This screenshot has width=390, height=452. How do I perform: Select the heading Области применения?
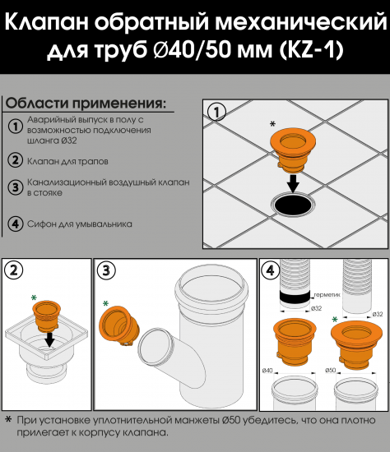pyautogui.click(x=86, y=104)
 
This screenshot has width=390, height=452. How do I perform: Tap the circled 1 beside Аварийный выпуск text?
pyautogui.click(x=15, y=126)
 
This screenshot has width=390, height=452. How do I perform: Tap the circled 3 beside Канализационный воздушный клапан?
pyautogui.click(x=15, y=187)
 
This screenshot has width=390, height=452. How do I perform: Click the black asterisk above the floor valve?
pyautogui.click(x=273, y=124)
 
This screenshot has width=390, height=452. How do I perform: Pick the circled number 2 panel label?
pyautogui.click(x=14, y=270)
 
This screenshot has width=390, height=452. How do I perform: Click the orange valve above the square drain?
pyautogui.click(x=47, y=316)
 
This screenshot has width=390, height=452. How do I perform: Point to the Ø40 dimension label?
pyautogui.click(x=269, y=371)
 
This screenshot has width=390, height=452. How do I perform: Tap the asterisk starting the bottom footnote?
pyautogui.click(x=8, y=420)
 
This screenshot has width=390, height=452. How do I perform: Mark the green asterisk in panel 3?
pyautogui.click(x=104, y=303)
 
